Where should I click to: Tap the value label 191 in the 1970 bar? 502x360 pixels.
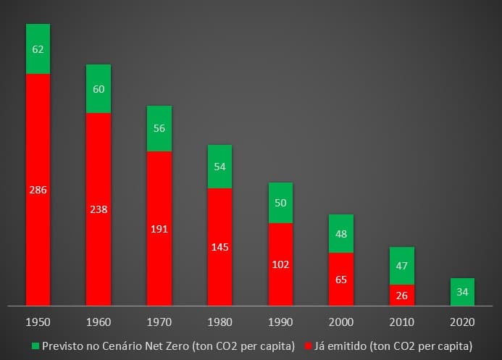(159, 229)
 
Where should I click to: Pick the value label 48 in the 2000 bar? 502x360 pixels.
(341, 235)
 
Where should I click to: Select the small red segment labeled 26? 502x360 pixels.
(401, 296)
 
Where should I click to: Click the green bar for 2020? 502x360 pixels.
(462, 292)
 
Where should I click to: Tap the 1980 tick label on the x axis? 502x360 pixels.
(219, 321)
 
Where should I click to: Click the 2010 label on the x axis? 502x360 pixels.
(401, 321)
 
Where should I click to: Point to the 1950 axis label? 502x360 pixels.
(38, 321)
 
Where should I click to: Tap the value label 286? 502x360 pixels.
(38, 190)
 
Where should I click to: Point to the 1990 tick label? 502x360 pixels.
(280, 321)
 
